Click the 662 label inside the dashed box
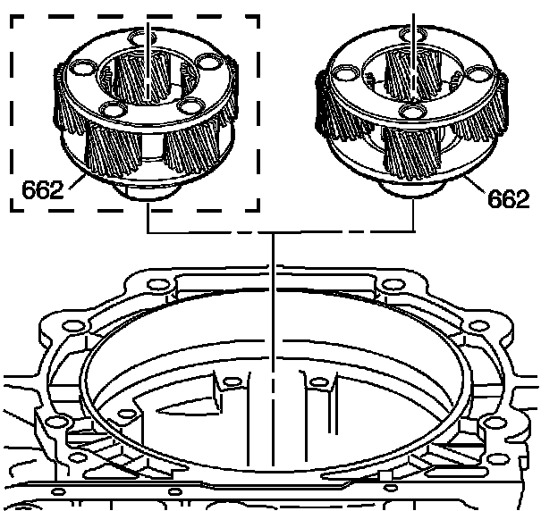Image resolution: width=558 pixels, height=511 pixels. point(42,190)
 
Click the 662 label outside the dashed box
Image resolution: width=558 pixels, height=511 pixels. point(508,199)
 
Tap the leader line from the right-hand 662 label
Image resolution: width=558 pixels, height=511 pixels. point(476,184)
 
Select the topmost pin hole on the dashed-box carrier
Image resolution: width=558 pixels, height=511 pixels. point(142,38)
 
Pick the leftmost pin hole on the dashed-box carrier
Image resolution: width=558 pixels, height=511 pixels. point(83,68)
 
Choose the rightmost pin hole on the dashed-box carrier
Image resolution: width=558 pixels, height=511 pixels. point(207,63)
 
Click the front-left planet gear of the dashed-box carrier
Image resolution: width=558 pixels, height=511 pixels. point(113,148)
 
